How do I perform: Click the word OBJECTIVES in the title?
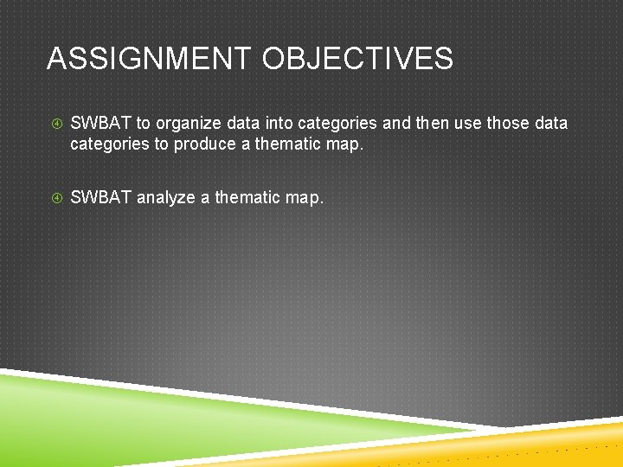pos(357,59)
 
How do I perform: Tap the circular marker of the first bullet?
pos(55,124)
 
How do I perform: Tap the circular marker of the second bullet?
pos(55,198)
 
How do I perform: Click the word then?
pos(433,123)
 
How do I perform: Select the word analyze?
pos(166,198)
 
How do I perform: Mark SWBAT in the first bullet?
pos(100,123)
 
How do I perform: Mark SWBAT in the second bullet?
pos(100,197)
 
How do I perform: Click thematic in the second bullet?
pos(247,197)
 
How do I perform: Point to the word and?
pos(396,123)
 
